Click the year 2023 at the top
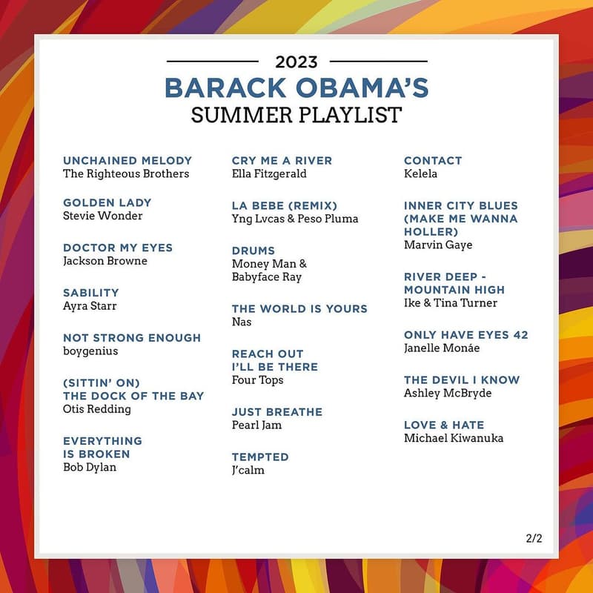(x=296, y=62)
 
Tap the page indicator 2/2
(x=534, y=539)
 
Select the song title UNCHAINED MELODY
(x=127, y=160)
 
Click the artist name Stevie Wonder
(x=103, y=216)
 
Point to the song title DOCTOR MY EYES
(x=118, y=248)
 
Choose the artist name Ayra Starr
(x=90, y=306)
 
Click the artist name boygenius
(x=90, y=351)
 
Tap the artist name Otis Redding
(x=97, y=409)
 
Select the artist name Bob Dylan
(x=90, y=467)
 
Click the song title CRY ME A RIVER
(x=282, y=160)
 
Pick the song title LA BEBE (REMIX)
(x=285, y=205)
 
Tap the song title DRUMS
(x=254, y=251)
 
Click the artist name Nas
(x=242, y=322)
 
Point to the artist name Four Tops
(x=258, y=380)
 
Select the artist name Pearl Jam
(x=257, y=425)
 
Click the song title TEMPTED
(x=260, y=457)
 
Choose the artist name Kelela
(x=421, y=173)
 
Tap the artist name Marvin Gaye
(x=438, y=245)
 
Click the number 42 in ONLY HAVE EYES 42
(x=520, y=335)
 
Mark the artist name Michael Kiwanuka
(x=454, y=438)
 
